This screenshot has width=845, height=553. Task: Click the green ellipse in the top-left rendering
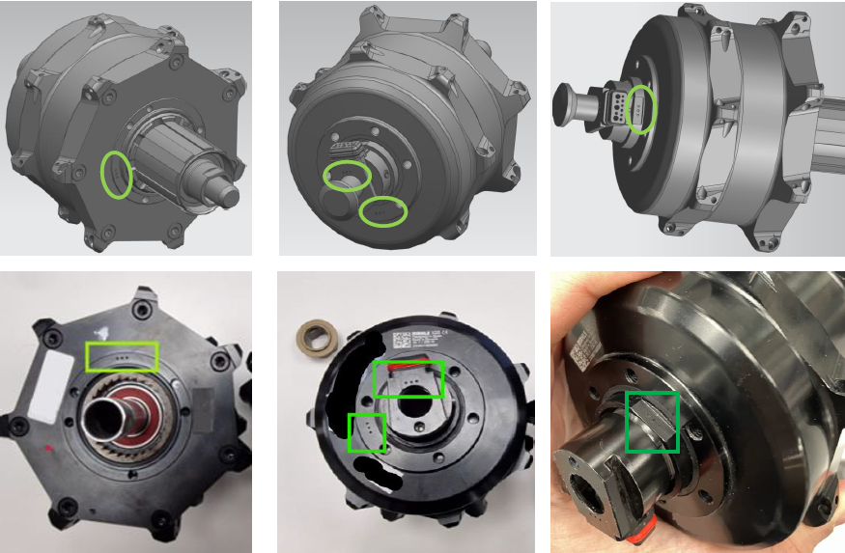[x=118, y=175]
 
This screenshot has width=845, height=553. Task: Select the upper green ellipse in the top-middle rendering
[x=347, y=175]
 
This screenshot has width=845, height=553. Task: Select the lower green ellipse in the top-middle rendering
[x=383, y=211]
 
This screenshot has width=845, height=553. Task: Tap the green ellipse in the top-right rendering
[x=640, y=109]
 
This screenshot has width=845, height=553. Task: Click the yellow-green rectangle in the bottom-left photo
[x=122, y=356]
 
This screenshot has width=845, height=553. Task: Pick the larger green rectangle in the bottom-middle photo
[x=408, y=379]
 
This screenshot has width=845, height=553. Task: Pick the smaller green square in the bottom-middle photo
[x=366, y=431]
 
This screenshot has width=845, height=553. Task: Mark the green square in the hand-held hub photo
[x=652, y=422]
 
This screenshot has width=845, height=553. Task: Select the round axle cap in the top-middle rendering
[x=341, y=204]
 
